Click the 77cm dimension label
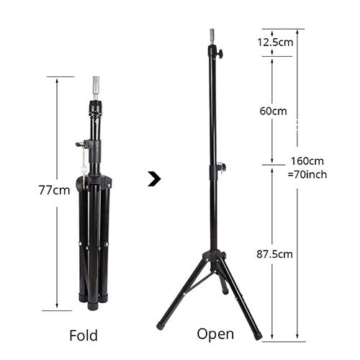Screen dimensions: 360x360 (55, 190)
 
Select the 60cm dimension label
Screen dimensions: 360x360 (273, 111)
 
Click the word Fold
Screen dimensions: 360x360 (84, 335)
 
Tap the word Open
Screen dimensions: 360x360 (215, 333)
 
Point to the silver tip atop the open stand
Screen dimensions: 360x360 (212, 35)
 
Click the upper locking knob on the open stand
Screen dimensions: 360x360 (219, 53)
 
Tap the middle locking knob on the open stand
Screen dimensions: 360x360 (222, 168)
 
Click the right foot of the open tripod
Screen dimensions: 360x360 (258, 335)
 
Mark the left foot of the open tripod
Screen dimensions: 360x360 (161, 325)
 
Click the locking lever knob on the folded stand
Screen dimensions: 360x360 (78, 145)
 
